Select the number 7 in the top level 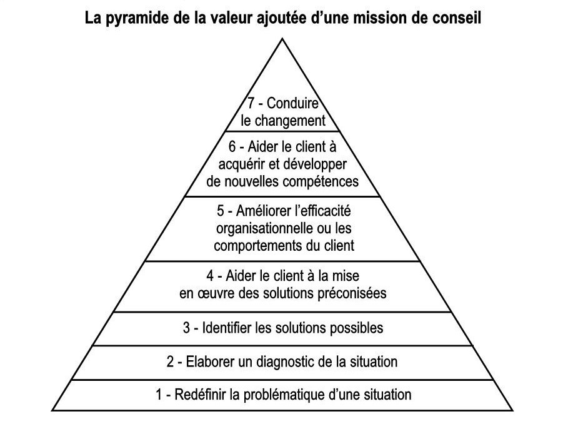pyautogui.click(x=251, y=103)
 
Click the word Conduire pyautogui.click(x=292, y=103)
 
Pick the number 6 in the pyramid pyautogui.click(x=232, y=147)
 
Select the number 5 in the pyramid pyautogui.click(x=221, y=211)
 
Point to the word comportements pyautogui.click(x=258, y=246)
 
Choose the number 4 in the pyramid pyautogui.click(x=210, y=276)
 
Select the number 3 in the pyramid pyautogui.click(x=187, y=328)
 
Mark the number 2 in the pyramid pyautogui.click(x=170, y=362)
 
